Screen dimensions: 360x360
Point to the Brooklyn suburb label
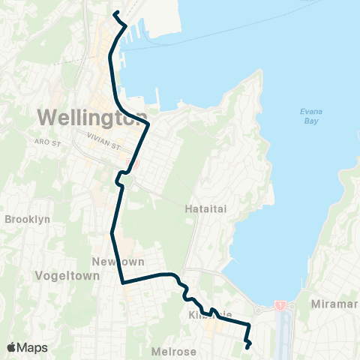pos(28,220)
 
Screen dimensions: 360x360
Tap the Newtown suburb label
pos(112,261)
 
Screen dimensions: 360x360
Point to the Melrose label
pos(175,351)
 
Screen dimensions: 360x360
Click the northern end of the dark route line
pos(114,13)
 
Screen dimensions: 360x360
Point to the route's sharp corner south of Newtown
pos(121,283)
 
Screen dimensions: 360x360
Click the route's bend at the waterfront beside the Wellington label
pos(148,122)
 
